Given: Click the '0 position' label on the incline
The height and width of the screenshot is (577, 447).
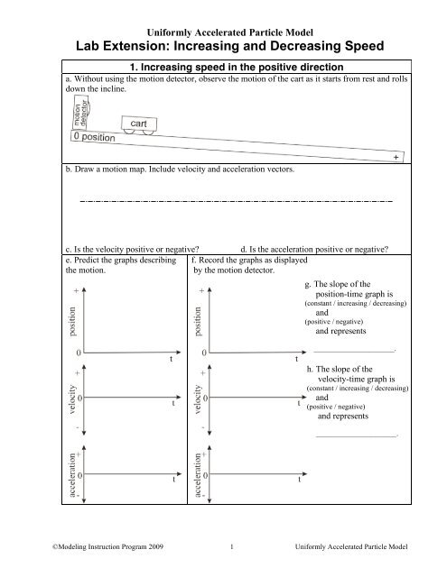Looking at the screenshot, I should click(107, 138).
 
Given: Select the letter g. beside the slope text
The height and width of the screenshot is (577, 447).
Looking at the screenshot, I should click(310, 284).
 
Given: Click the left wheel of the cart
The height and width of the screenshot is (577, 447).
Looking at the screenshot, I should click(128, 132).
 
